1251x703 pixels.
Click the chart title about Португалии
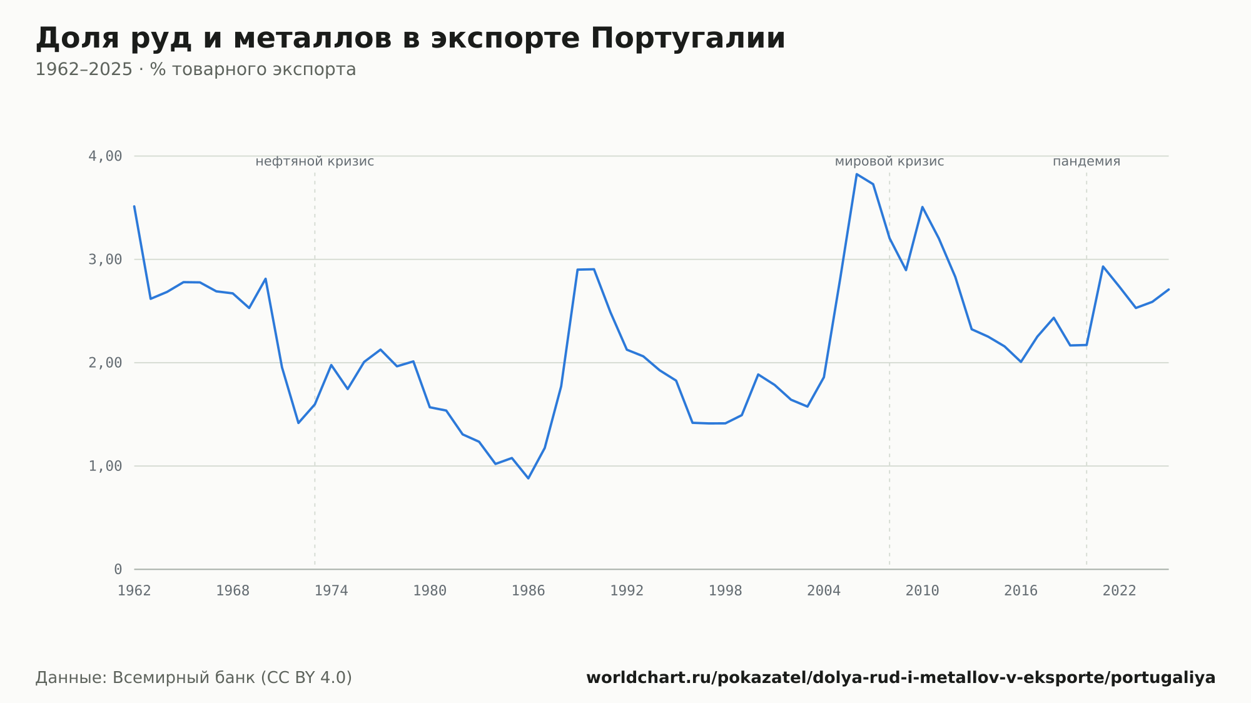click(x=410, y=39)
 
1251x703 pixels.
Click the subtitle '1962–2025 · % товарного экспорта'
click(x=196, y=69)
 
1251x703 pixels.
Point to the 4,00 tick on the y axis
click(x=105, y=156)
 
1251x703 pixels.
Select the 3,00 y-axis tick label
click(x=105, y=260)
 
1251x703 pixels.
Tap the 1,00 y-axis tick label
click(x=105, y=466)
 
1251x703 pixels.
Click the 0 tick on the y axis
click(x=118, y=569)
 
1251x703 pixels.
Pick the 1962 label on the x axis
click(x=134, y=591)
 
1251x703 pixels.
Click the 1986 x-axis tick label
click(x=529, y=591)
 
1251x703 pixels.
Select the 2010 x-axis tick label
click(x=923, y=591)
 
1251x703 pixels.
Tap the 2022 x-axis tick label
click(x=1120, y=591)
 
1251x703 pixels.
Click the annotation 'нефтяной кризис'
click(x=315, y=161)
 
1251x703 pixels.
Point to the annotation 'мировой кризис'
click(x=889, y=161)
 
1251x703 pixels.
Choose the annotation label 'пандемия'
click(x=1086, y=161)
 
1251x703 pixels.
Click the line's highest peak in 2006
click(x=857, y=174)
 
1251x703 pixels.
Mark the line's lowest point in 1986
click(x=529, y=478)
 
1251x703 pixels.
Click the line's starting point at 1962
click(x=134, y=206)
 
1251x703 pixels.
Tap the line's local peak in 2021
click(x=1103, y=266)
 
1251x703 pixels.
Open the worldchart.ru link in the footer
click(x=901, y=678)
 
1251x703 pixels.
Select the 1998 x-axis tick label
click(x=726, y=591)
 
